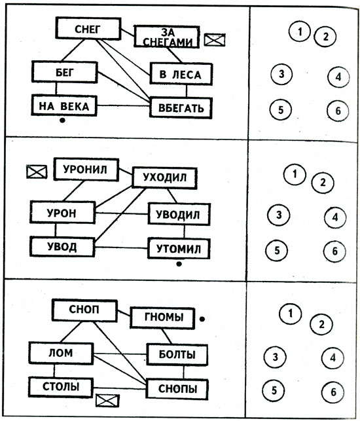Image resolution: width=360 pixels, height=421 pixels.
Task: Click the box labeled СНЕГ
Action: pos(87,28)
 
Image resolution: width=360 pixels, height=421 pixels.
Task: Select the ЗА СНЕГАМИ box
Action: pos(166,37)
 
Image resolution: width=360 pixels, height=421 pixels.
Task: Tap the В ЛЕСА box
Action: pos(181,73)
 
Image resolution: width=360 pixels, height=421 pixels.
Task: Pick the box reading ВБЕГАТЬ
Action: pos(181,106)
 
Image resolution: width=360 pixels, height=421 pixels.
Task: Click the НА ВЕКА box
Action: pos(63,105)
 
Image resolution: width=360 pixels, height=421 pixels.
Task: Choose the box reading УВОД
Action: pos(62,247)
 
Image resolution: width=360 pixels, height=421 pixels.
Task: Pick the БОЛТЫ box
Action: pos(177,355)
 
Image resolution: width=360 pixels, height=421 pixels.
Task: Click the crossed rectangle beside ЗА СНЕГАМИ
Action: pos(214,40)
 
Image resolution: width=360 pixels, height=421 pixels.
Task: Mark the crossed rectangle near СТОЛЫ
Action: pos(105,400)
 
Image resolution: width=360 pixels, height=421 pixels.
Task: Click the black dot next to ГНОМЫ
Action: pos(202,319)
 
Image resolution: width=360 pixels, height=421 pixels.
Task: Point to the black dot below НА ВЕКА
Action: pos(62,120)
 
